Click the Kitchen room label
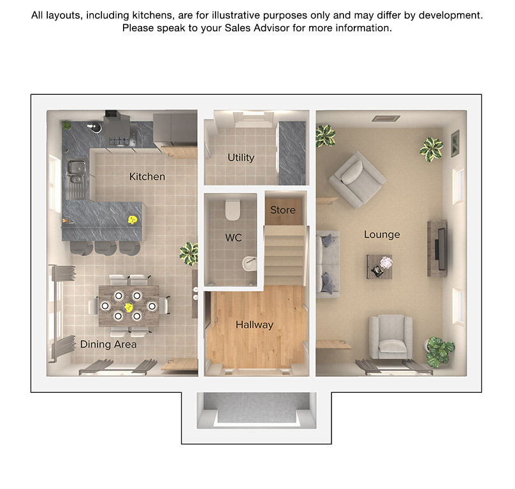click(x=147, y=176)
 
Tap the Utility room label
click(x=241, y=158)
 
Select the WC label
click(x=233, y=237)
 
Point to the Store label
click(x=283, y=210)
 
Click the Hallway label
click(x=254, y=325)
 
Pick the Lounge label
click(x=382, y=234)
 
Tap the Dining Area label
click(x=108, y=344)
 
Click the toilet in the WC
click(x=233, y=210)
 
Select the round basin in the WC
click(x=249, y=264)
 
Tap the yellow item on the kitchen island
click(x=133, y=220)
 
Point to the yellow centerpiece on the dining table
click(x=128, y=307)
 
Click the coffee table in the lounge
click(x=379, y=267)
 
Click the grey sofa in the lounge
click(x=328, y=264)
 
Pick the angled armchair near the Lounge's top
click(x=358, y=179)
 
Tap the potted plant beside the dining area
click(x=189, y=253)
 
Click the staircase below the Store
click(x=284, y=255)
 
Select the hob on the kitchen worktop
click(x=119, y=141)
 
